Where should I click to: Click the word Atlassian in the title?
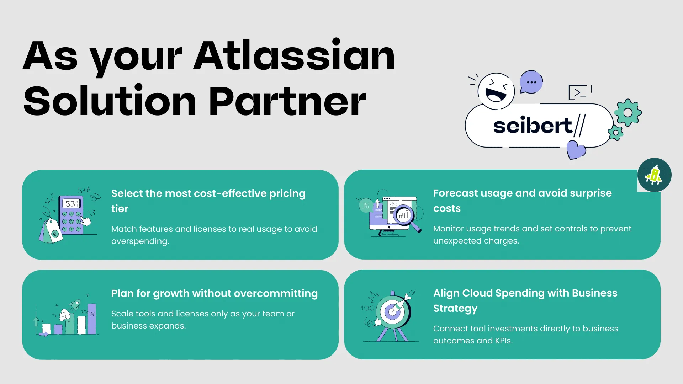pos(294,55)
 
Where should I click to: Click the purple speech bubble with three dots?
pos(531,82)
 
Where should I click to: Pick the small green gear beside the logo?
pos(615,133)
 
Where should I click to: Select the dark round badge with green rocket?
pos(654,175)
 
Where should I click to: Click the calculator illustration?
pos(71,215)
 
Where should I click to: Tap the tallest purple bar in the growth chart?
pos(92,319)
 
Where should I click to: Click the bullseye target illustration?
pos(393,311)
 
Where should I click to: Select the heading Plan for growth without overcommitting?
pos(215,294)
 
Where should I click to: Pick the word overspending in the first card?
pos(140,241)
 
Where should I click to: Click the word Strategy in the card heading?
pos(455,309)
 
